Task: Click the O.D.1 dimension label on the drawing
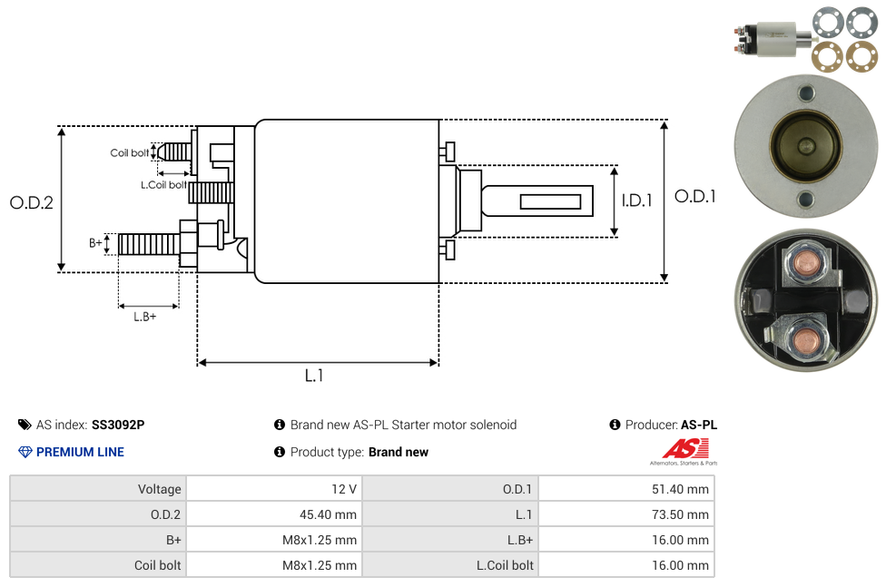(694, 196)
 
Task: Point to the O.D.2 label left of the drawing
(32, 203)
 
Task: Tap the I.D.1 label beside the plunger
(636, 201)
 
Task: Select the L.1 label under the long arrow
(313, 376)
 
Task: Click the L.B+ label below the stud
(145, 317)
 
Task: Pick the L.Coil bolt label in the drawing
(163, 185)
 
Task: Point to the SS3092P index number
(118, 425)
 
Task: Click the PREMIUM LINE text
(80, 452)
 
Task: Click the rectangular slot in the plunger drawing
(550, 201)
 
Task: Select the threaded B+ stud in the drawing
(148, 244)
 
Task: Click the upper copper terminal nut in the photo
(805, 264)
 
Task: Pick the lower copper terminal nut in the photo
(803, 341)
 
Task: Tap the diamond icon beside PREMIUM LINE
(25, 452)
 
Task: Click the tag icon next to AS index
(25, 425)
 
